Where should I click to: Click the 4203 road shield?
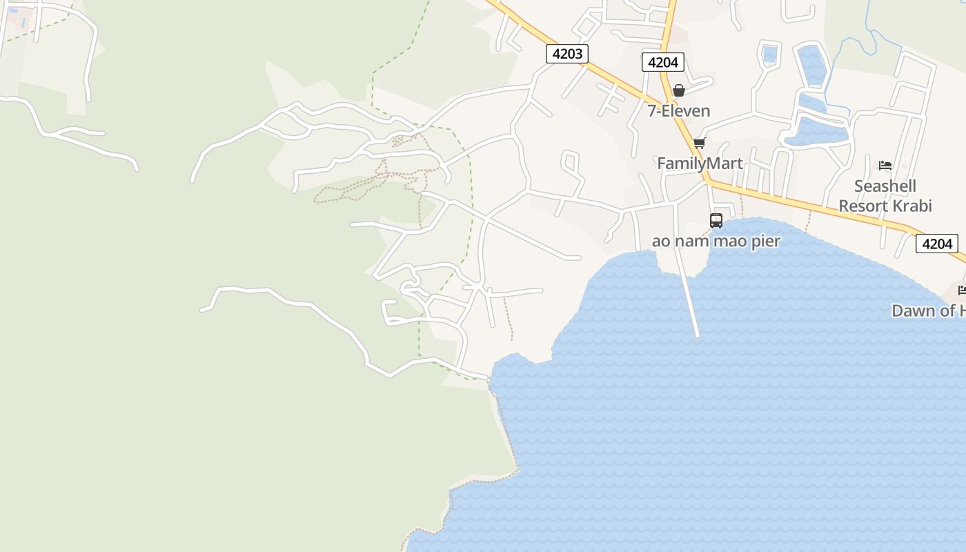click(x=567, y=54)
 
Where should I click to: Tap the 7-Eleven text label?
click(x=678, y=111)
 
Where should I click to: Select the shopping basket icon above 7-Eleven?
click(x=679, y=90)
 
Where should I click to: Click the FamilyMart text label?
click(x=700, y=164)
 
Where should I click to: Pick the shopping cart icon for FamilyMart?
click(x=700, y=143)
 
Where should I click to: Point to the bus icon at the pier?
click(x=716, y=221)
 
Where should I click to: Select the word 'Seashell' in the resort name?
click(x=885, y=186)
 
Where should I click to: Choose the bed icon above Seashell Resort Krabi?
click(x=885, y=166)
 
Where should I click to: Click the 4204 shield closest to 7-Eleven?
click(x=663, y=62)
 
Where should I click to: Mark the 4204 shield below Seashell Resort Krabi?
click(x=937, y=244)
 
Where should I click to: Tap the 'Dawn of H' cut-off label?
click(x=928, y=311)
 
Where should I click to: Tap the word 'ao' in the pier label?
click(x=660, y=241)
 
